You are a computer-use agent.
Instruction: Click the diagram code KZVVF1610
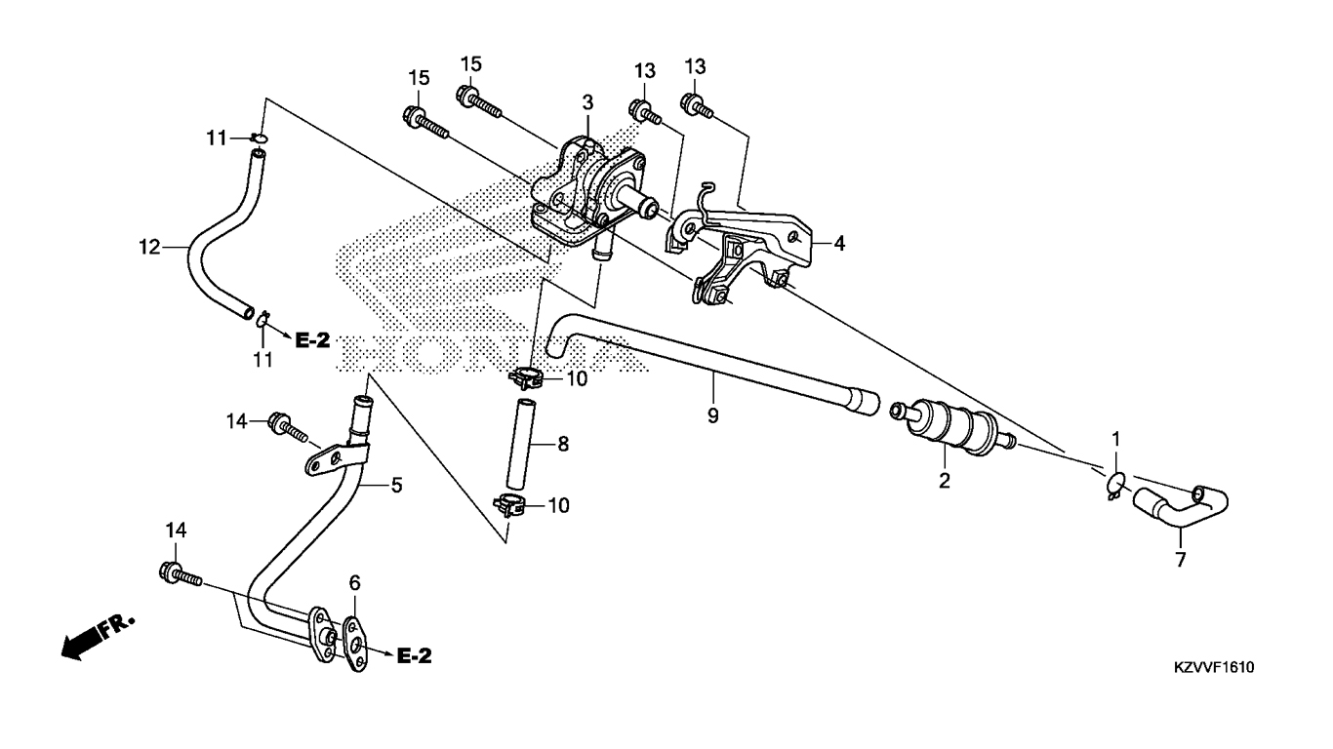click(1214, 667)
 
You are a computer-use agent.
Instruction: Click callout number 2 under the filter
click(944, 480)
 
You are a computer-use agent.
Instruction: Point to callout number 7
click(1180, 560)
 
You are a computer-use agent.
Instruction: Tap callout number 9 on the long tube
click(712, 416)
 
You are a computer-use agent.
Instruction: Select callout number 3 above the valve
click(587, 101)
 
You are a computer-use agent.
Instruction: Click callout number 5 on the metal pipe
click(396, 484)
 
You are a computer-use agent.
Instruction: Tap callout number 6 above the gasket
click(355, 582)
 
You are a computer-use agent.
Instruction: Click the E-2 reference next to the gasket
click(415, 656)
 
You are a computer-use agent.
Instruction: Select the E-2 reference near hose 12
click(313, 340)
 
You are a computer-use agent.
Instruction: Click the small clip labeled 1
click(1115, 482)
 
